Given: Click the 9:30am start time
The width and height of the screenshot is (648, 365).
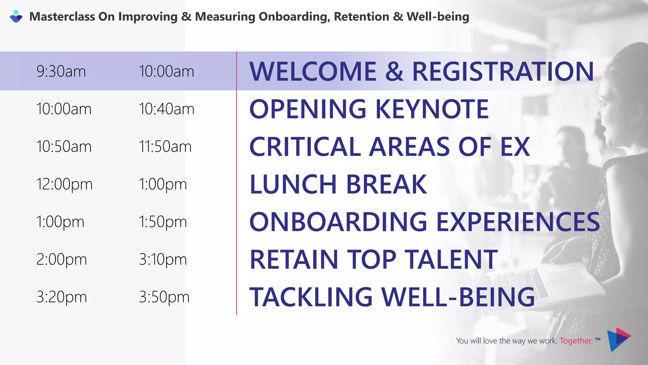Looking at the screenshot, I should (x=61, y=71).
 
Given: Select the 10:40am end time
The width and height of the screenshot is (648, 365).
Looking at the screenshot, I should (x=166, y=109).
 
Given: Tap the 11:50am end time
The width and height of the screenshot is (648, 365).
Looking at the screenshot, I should (x=165, y=147).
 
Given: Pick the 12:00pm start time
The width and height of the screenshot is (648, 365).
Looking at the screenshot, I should (x=64, y=184).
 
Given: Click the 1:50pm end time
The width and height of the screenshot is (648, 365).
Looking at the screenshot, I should (x=163, y=222).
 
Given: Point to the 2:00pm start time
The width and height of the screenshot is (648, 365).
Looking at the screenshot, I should (x=61, y=259).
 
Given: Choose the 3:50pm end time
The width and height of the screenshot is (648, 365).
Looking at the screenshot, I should (x=164, y=297).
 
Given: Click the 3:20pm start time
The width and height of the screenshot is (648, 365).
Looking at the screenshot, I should (x=61, y=297).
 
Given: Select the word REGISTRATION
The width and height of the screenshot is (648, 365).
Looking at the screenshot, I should (x=503, y=71).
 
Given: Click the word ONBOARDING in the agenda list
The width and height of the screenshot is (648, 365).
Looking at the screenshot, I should (x=338, y=222).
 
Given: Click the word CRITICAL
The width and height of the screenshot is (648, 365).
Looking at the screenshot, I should (x=305, y=147).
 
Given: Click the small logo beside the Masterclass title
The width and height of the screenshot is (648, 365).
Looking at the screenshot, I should (x=16, y=16).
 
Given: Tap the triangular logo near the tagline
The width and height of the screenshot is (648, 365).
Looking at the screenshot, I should (x=618, y=339).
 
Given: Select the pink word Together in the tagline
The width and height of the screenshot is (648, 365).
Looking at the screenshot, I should (x=576, y=341).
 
